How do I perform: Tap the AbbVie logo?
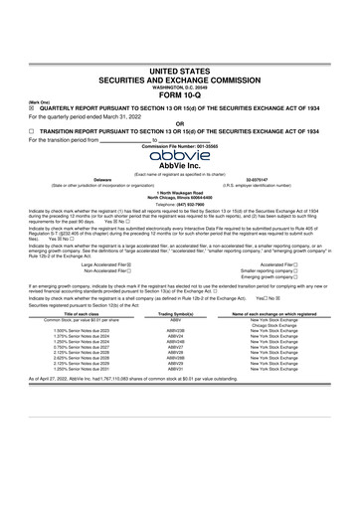(x=180, y=154)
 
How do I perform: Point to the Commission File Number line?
(x=180, y=146)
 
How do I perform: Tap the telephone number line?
(x=180, y=200)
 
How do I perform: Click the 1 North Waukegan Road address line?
(x=180, y=191)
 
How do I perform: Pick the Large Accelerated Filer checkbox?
(x=136, y=264)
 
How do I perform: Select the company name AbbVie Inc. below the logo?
(x=180, y=165)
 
